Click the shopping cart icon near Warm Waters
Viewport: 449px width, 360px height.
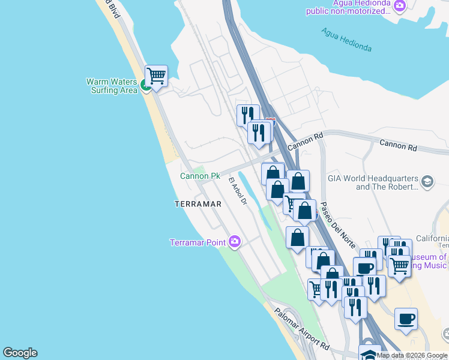point(156,76)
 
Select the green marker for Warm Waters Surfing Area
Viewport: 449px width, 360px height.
point(146,86)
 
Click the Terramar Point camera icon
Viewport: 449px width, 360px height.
point(235,242)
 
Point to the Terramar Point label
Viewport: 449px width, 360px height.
point(197,242)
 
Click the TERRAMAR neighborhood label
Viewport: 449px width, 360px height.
point(197,204)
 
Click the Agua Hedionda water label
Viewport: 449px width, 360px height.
point(346,40)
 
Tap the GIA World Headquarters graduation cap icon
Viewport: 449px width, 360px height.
point(427,182)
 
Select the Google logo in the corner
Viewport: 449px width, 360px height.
point(20,353)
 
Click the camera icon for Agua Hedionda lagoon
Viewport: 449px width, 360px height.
point(400,5)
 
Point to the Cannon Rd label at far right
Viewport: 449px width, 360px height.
point(397,145)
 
